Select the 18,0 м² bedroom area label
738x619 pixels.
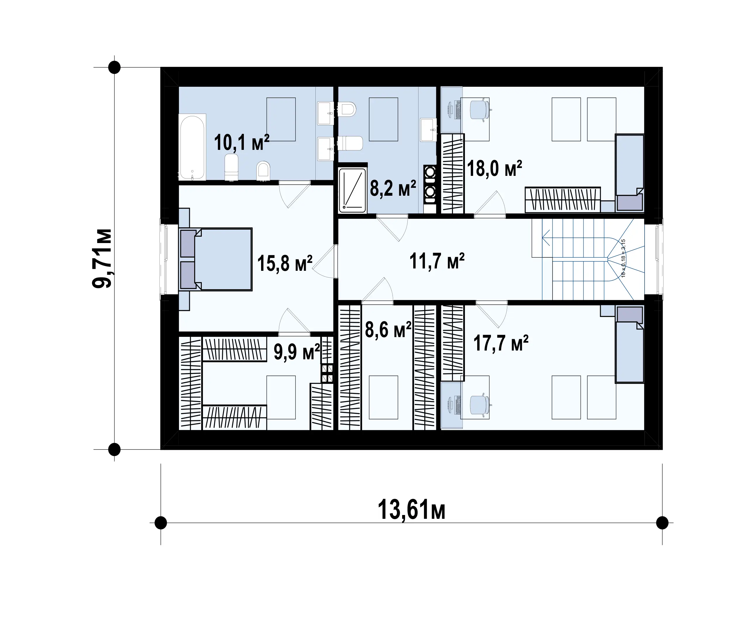494,169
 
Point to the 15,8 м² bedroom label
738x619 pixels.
285,263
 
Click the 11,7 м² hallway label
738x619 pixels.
437,261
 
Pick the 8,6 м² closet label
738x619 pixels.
388,330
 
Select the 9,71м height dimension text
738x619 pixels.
102,258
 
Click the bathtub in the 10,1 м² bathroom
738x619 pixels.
192,147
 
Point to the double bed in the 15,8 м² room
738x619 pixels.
216,259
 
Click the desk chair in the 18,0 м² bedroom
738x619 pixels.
480,110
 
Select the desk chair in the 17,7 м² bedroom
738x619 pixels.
480,405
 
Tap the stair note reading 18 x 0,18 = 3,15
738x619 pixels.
624,258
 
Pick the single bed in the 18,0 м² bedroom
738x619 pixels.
629,173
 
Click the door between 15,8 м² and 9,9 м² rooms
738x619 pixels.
294,320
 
